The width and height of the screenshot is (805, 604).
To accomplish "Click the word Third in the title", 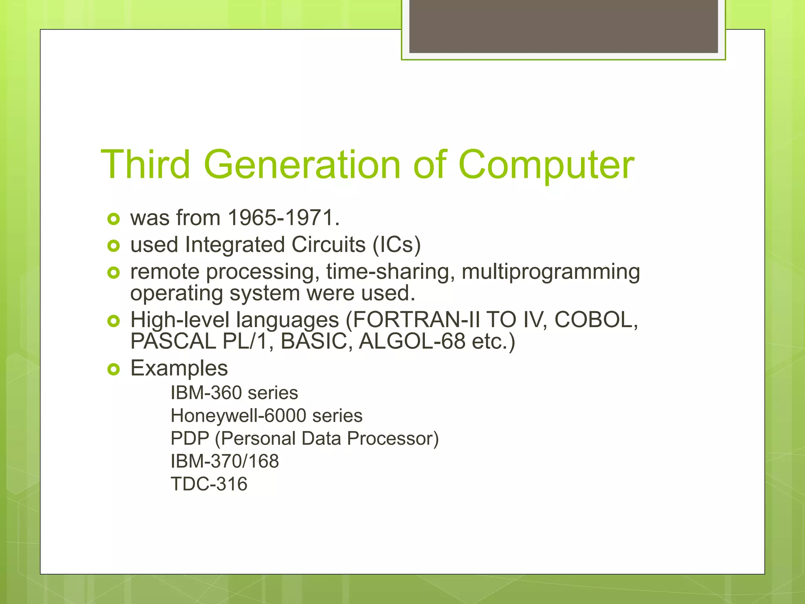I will pos(146,164).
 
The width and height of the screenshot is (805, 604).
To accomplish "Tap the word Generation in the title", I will pos(302,164).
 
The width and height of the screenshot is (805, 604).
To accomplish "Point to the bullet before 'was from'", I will pos(113,219).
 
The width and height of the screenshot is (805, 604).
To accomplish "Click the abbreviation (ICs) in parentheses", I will pos(397,245).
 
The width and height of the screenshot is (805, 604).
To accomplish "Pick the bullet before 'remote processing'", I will pos(113,273).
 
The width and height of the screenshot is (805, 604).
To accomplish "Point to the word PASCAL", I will pos(173,341).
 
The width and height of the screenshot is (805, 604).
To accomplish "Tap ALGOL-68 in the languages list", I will pos(412,341).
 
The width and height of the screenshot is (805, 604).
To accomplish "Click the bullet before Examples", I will pos(113,369).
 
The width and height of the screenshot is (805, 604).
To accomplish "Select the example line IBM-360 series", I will pos(234,393).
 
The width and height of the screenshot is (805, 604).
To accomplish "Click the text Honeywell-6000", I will pos(238,416).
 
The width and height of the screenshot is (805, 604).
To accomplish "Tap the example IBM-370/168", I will pos(224,461).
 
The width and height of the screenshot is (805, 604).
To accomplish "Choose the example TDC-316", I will pos(209,484).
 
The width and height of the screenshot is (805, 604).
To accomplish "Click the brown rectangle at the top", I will pos(563,26).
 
